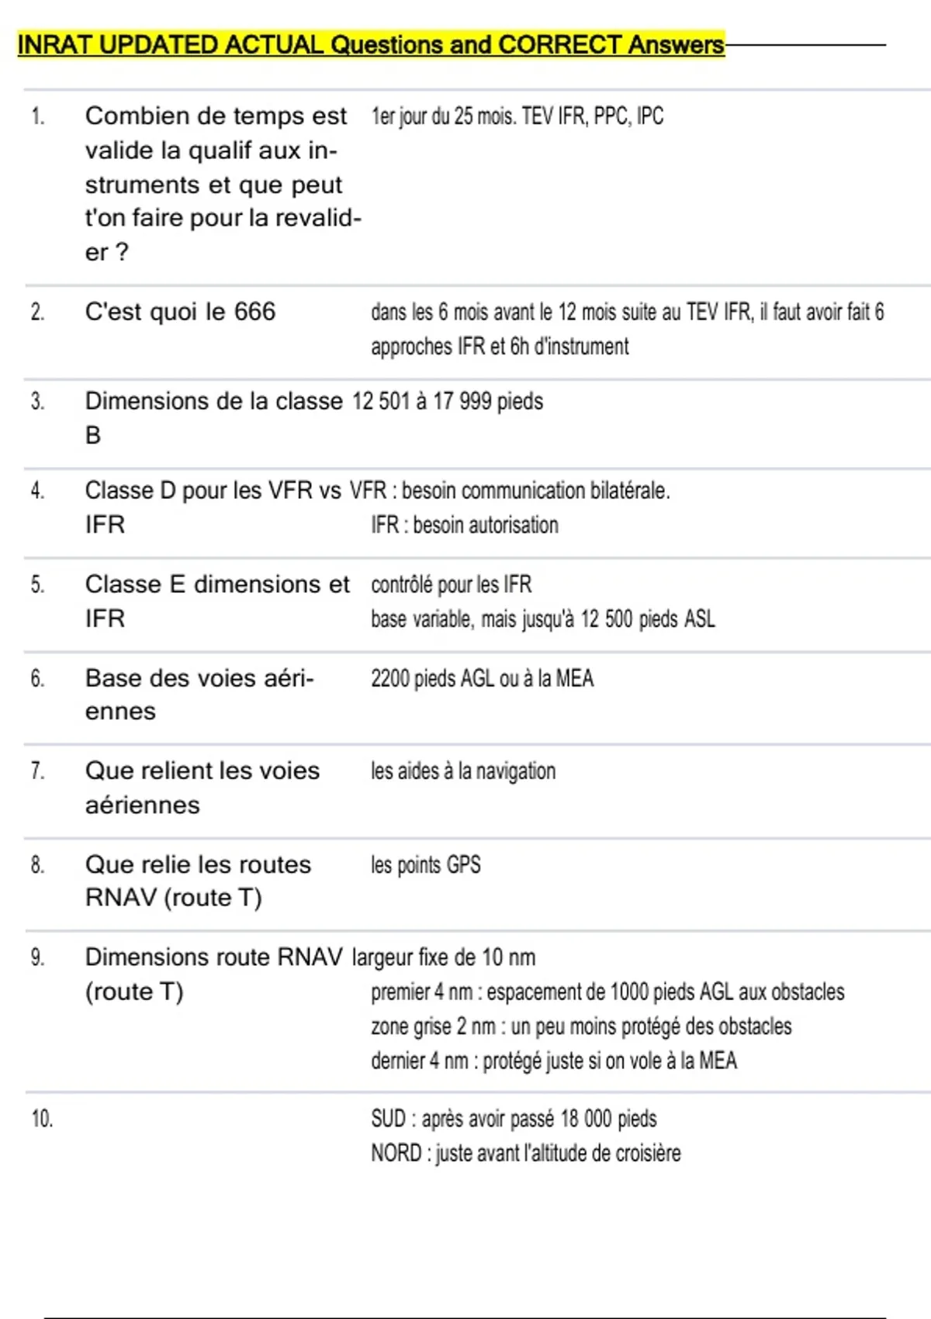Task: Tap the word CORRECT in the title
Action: (x=560, y=45)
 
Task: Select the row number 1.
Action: (x=37, y=117)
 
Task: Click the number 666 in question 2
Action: (x=254, y=312)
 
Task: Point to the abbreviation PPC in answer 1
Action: (x=611, y=116)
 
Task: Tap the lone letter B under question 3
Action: (x=93, y=435)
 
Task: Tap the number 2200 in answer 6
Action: (x=390, y=678)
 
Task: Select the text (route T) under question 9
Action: (x=134, y=992)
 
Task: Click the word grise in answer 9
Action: (x=431, y=1026)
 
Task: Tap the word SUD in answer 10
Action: (x=388, y=1119)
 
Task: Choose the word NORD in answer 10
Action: (x=396, y=1154)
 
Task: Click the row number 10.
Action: (x=42, y=1119)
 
